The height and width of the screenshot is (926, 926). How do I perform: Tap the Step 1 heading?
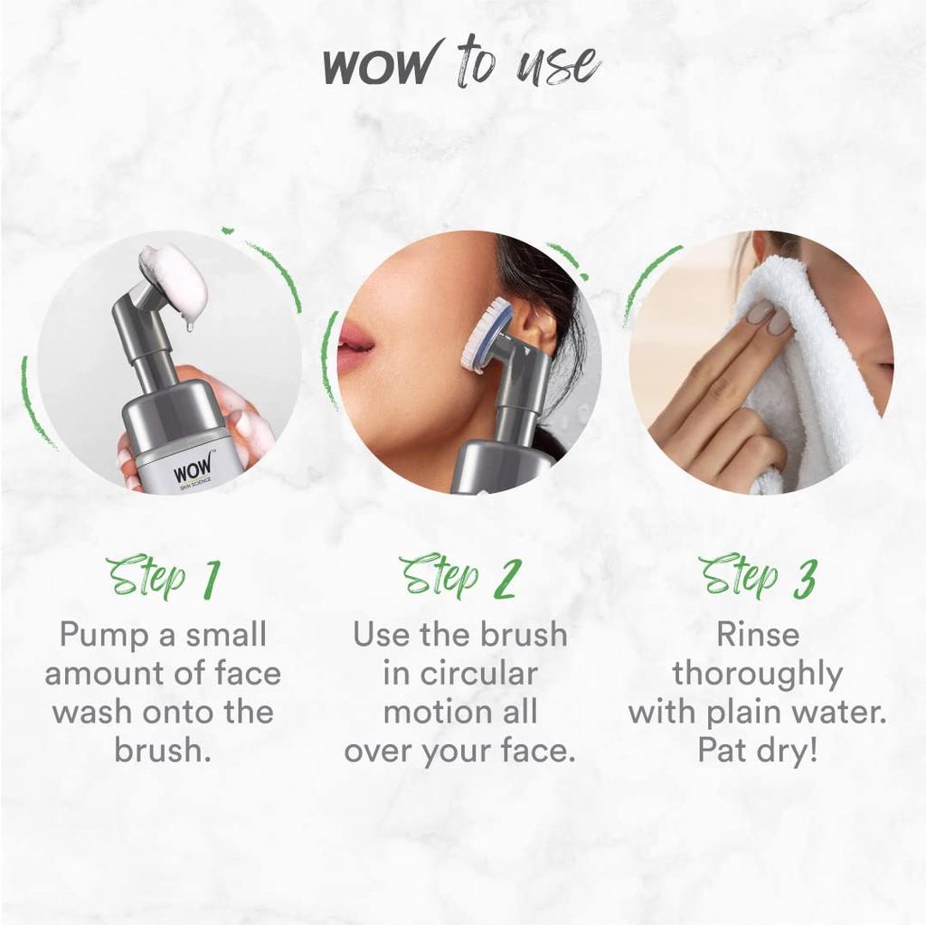click(163, 576)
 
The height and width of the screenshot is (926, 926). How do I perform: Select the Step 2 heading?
click(458, 576)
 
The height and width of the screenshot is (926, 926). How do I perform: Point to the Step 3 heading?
click(757, 576)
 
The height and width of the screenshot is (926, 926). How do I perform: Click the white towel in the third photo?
click(814, 380)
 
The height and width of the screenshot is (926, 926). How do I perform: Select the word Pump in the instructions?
click(101, 635)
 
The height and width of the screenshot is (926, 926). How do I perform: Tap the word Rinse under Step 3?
click(758, 635)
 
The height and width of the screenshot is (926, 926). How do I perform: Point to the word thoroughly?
click(757, 674)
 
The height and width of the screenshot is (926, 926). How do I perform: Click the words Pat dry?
click(757, 751)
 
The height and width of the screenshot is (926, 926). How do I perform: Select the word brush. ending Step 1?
click(163, 751)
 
